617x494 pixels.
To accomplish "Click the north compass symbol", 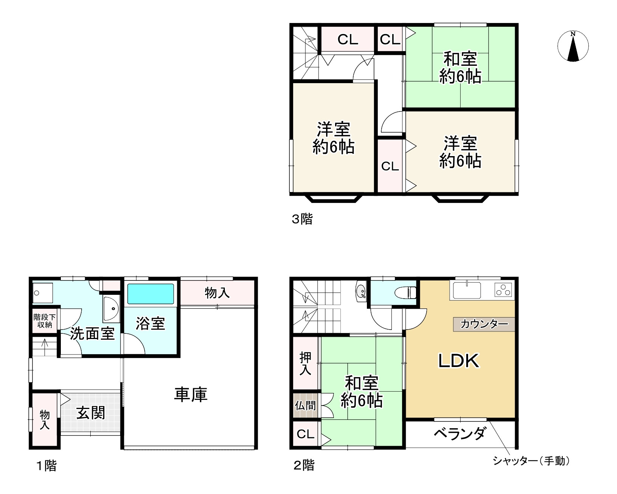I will click(x=573, y=46).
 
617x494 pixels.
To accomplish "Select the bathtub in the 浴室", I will click(x=150, y=294).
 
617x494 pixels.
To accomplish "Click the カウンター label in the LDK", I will click(x=484, y=324).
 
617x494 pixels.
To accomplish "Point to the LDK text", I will click(x=459, y=361).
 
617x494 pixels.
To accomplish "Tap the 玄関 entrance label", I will click(x=91, y=413).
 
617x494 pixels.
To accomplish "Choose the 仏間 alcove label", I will click(x=305, y=406).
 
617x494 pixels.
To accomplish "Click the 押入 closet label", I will click(x=305, y=363).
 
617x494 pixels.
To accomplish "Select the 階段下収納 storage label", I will click(x=45, y=321).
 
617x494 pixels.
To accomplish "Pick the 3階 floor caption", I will click(x=302, y=219).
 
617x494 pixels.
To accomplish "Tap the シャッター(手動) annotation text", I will click(x=531, y=461).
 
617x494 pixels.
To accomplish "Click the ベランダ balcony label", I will click(x=459, y=434).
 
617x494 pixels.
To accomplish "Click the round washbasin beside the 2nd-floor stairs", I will click(x=361, y=291).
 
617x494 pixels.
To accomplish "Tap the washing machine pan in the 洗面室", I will click(x=42, y=293).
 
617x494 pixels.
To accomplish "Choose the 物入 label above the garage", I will click(x=217, y=292).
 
